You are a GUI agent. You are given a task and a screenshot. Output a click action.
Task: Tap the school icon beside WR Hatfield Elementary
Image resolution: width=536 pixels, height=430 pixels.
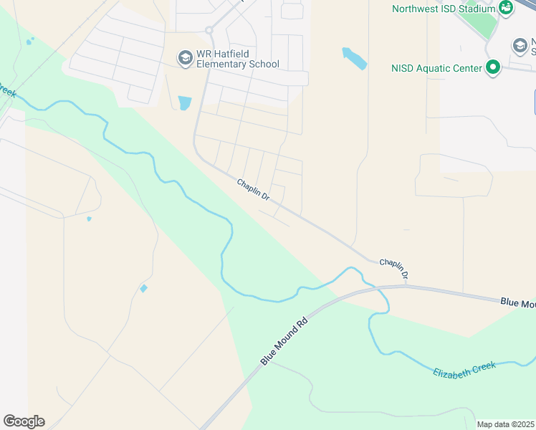click(x=186, y=57)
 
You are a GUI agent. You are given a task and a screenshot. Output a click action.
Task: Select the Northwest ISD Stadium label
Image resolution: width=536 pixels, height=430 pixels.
click(x=444, y=9)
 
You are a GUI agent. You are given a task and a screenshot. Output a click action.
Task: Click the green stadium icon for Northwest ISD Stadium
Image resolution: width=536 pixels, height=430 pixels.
click(x=507, y=8)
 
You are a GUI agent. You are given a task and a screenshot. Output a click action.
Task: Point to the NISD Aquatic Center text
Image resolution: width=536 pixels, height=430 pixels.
click(x=436, y=69)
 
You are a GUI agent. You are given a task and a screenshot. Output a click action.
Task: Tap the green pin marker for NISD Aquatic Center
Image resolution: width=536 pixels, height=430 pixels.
click(x=492, y=68)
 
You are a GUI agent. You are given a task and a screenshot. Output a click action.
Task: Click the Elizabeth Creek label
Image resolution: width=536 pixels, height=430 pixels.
click(x=464, y=370)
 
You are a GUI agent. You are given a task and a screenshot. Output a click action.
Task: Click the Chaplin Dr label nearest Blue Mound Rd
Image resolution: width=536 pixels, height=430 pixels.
click(x=394, y=269)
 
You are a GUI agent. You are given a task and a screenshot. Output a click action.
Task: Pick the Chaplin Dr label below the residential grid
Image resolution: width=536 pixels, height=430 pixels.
click(x=254, y=190)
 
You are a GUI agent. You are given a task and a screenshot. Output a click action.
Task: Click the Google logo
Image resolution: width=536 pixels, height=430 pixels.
click(x=24, y=421)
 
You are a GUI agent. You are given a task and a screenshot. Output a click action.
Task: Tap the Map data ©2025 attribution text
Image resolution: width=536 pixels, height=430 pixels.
click(x=505, y=424)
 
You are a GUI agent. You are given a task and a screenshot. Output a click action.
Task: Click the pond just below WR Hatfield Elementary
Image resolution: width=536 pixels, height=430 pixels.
click(x=185, y=102)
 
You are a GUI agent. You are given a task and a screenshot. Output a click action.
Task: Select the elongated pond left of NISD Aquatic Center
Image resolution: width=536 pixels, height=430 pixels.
click(x=354, y=58)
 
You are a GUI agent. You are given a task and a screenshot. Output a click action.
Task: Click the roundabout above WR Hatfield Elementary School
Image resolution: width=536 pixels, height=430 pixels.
click(x=210, y=30)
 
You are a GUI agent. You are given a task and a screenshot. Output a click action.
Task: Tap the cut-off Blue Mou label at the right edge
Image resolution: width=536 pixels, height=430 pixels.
click(x=517, y=304)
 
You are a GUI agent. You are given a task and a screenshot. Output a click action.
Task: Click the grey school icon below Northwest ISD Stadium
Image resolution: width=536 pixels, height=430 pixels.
click(x=520, y=47)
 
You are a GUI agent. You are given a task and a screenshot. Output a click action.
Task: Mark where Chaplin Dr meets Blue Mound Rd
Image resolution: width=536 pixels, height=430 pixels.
click(x=405, y=285)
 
